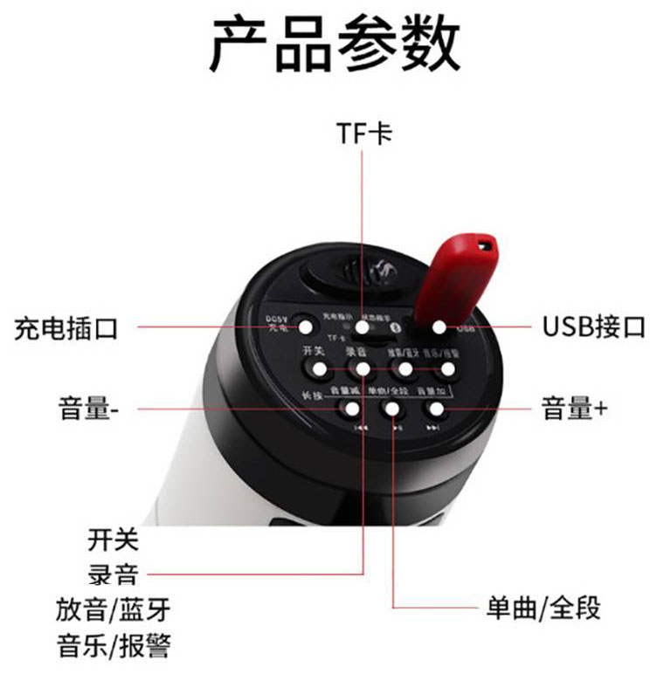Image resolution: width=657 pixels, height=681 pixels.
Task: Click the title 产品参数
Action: point(335,44)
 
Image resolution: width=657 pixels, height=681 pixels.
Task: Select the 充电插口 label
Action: point(66,328)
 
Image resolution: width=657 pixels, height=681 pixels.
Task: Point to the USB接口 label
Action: point(593,327)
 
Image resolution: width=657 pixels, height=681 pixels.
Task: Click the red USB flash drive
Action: point(456,280)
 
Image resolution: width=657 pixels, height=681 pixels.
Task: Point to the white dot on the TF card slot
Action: point(363,327)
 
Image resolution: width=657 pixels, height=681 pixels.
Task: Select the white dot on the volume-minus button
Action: point(352,408)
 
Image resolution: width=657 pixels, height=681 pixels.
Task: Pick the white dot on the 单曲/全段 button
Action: point(393,408)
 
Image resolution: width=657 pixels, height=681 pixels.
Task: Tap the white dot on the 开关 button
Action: point(320,369)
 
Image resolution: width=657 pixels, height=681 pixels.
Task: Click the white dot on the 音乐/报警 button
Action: point(447,369)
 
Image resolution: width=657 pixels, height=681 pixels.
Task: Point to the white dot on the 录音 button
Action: point(363,369)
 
